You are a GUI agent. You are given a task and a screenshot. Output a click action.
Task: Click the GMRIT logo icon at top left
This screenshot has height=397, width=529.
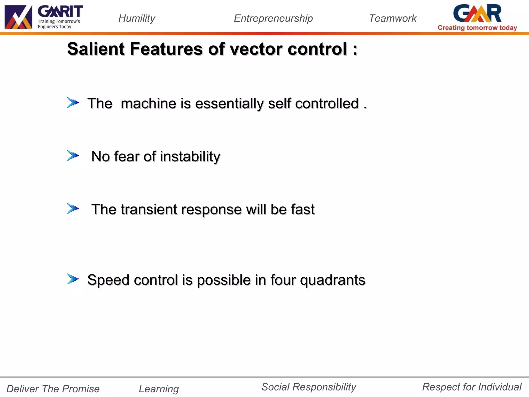coord(18,17)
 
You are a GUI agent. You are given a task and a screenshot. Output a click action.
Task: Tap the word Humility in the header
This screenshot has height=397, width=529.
coord(137,18)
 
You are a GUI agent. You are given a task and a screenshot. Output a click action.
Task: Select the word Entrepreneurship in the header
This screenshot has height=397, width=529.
coord(273,18)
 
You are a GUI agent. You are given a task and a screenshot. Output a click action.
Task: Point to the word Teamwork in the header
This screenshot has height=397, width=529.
coord(392,18)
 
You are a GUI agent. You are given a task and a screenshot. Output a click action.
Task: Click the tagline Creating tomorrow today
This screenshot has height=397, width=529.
coord(477,28)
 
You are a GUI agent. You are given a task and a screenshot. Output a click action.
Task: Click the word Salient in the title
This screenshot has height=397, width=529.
coord(96,49)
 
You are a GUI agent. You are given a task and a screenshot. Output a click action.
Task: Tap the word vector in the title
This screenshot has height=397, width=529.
coord(256,49)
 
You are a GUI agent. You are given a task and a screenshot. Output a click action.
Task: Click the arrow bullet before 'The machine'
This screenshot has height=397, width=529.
coord(73,103)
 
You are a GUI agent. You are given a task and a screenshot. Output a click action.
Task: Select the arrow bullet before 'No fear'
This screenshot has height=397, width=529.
coord(73,156)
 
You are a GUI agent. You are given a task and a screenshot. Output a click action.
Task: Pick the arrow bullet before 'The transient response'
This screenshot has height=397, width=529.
coord(73,208)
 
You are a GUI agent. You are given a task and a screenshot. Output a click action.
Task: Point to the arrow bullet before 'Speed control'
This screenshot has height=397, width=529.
coord(73,279)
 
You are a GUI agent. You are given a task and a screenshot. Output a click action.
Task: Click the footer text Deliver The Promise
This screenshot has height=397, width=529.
coord(53,389)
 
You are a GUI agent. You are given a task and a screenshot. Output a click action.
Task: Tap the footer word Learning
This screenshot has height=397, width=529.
coord(159,389)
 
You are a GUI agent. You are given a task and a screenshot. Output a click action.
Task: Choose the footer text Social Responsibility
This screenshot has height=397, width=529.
coord(309,387)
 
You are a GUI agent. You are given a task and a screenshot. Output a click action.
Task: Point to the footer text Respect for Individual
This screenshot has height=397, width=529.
coord(472,387)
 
